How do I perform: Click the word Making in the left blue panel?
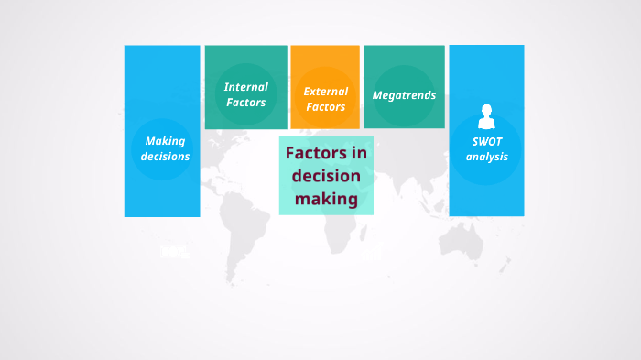(165, 141)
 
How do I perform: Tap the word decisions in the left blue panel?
(165, 156)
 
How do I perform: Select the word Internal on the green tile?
(245, 87)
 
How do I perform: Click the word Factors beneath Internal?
(245, 102)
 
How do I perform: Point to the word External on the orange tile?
(325, 91)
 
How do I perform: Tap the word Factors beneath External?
(325, 106)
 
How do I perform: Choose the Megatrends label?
(404, 95)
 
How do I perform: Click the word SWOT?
(487, 142)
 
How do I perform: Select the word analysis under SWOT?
(487, 157)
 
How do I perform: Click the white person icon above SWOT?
(487, 116)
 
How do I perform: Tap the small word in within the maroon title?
(359, 153)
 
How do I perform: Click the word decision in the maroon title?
(326, 175)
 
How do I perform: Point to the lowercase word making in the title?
(326, 198)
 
